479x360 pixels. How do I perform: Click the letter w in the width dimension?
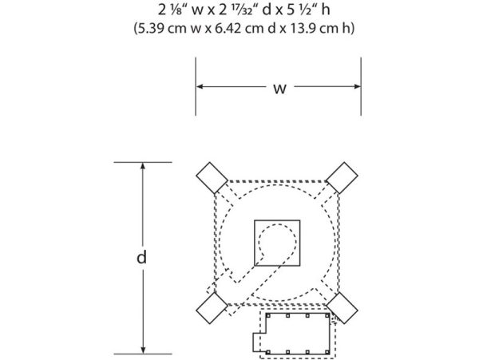point(280,89)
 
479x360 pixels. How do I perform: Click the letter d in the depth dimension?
point(141,257)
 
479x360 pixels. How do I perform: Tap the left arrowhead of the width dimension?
point(200,87)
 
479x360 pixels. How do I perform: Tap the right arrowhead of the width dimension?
point(357,87)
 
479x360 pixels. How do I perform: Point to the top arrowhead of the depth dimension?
point(143,166)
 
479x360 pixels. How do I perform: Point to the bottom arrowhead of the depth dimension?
point(143,350)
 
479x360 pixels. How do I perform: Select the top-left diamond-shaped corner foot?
point(212,178)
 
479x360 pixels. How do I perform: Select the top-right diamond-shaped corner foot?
point(342,178)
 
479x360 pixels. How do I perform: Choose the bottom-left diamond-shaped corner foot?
point(212,308)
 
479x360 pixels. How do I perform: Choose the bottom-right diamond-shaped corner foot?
point(342,308)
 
